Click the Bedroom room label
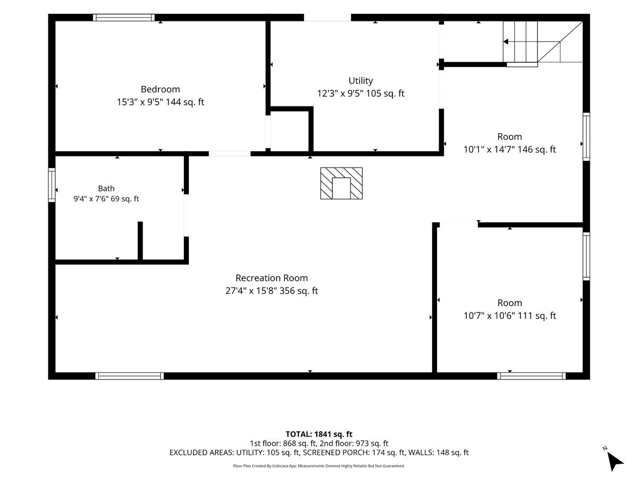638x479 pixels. coord(160,89)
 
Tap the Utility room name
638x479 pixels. coord(360,80)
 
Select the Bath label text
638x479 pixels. coord(106,188)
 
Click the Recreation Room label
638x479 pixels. coord(272,278)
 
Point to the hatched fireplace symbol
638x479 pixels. coord(341,183)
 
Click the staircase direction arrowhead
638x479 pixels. coord(506,42)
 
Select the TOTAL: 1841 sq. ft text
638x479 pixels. coord(319,434)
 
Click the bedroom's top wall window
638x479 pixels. coord(124,18)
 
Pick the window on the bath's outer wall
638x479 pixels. coord(52,185)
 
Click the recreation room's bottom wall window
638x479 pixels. coord(130,376)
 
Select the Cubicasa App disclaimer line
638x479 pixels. coord(319,466)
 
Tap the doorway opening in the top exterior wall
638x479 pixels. coord(328,18)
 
